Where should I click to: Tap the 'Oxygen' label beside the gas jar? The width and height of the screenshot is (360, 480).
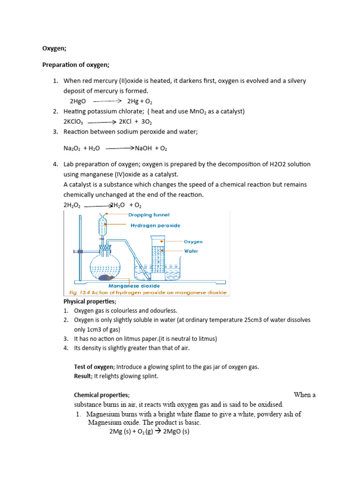(193, 242)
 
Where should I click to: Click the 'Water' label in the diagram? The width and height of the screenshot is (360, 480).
(191, 251)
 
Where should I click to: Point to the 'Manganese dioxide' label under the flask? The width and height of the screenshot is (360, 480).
(134, 285)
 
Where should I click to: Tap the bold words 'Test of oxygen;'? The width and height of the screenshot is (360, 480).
(94, 367)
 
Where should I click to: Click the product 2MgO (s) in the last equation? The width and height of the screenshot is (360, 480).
(175, 431)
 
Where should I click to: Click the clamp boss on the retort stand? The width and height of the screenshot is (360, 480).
(81, 252)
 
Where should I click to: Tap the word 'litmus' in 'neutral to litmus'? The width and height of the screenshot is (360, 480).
(206, 338)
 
